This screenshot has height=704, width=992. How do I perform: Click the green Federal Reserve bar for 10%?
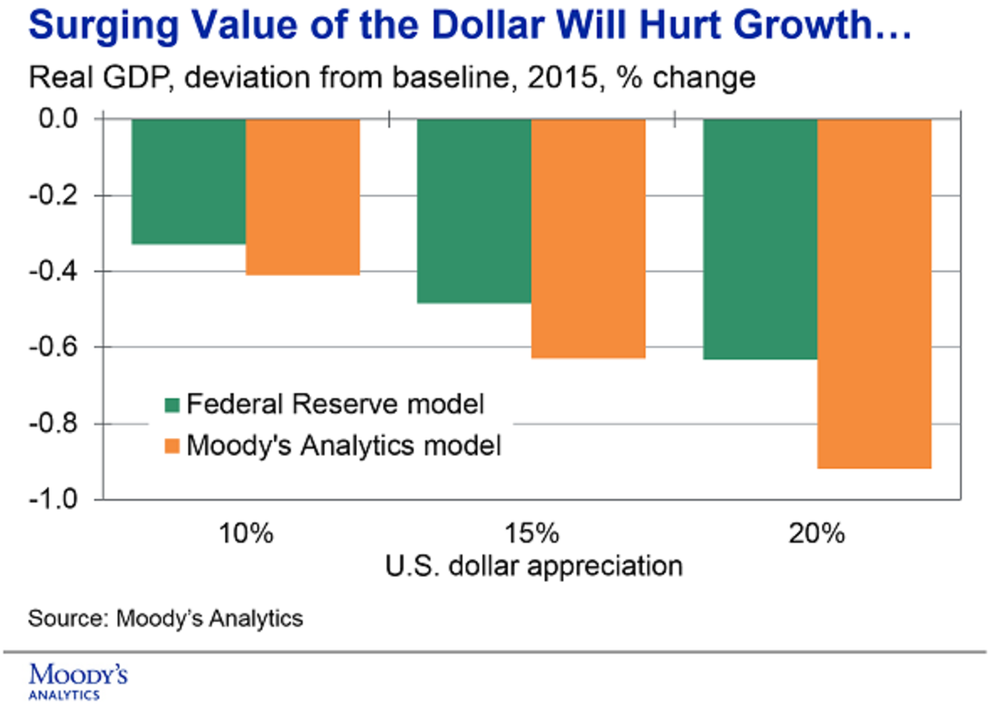(188, 182)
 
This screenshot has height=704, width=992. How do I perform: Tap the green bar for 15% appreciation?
(473, 212)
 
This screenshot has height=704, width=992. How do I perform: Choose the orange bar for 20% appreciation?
(875, 294)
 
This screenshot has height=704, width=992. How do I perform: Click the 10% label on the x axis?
(246, 533)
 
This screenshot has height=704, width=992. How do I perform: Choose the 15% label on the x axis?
(532, 533)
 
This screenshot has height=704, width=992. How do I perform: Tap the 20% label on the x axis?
(818, 533)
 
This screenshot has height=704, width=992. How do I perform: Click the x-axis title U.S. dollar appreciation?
(533, 567)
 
